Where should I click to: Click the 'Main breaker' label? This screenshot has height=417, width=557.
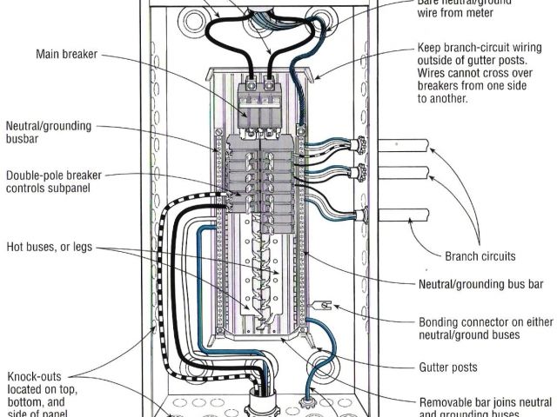click(x=65, y=55)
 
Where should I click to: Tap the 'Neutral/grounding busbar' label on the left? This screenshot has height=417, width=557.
click(x=48, y=133)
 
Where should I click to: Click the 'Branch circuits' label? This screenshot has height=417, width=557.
click(x=480, y=256)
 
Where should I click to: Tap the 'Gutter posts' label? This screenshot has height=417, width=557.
click(x=448, y=367)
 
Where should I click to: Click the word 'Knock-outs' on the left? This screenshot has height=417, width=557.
click(x=33, y=376)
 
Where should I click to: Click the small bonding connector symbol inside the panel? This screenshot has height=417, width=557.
click(x=321, y=305)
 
